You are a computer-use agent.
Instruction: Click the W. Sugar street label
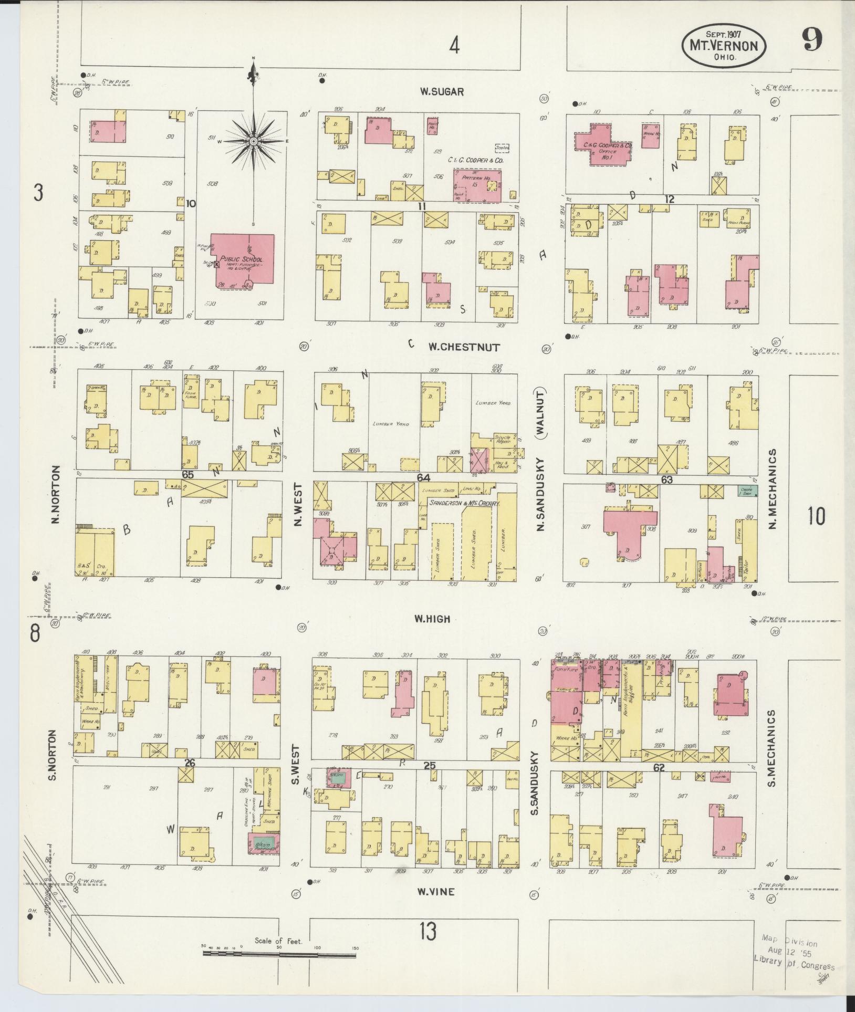(x=441, y=92)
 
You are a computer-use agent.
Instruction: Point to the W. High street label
(x=432, y=619)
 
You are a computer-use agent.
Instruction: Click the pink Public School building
(x=243, y=259)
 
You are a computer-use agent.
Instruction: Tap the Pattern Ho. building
(x=477, y=185)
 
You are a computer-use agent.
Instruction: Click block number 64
(x=423, y=477)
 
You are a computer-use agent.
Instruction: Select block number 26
(x=190, y=762)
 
